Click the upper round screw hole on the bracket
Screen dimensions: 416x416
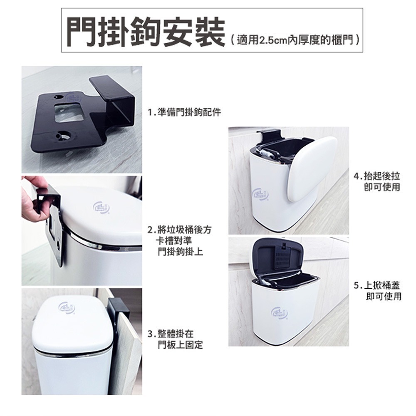coord(57,97)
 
